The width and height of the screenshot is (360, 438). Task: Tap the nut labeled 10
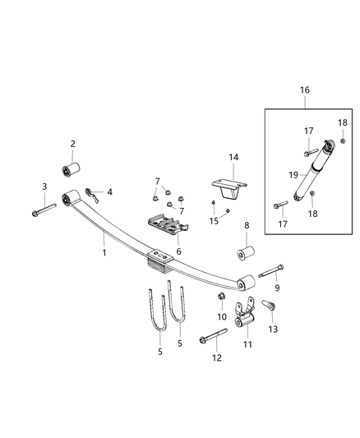(x=221, y=296)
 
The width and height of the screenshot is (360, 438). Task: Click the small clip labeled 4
(x=93, y=196)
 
